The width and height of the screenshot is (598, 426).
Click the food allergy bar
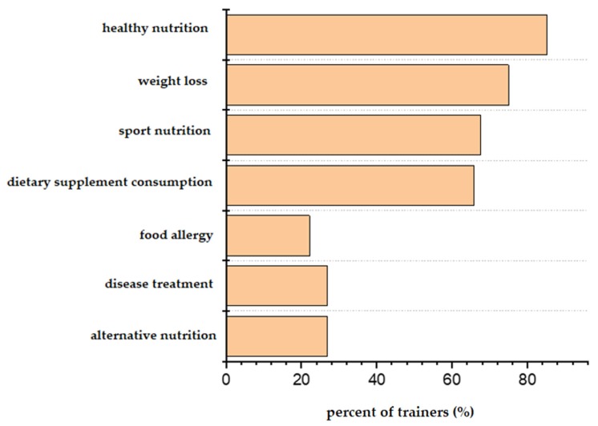click(268, 235)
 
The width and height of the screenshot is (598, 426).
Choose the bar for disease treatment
click(277, 286)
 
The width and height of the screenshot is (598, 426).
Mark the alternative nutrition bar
click(277, 336)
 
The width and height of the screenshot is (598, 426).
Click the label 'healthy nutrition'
click(156, 29)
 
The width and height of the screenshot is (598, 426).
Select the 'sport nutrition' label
click(160, 131)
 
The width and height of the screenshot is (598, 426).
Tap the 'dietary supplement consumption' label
click(110, 182)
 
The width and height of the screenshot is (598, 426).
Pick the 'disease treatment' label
click(159, 284)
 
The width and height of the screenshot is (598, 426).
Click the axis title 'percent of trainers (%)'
click(400, 413)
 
